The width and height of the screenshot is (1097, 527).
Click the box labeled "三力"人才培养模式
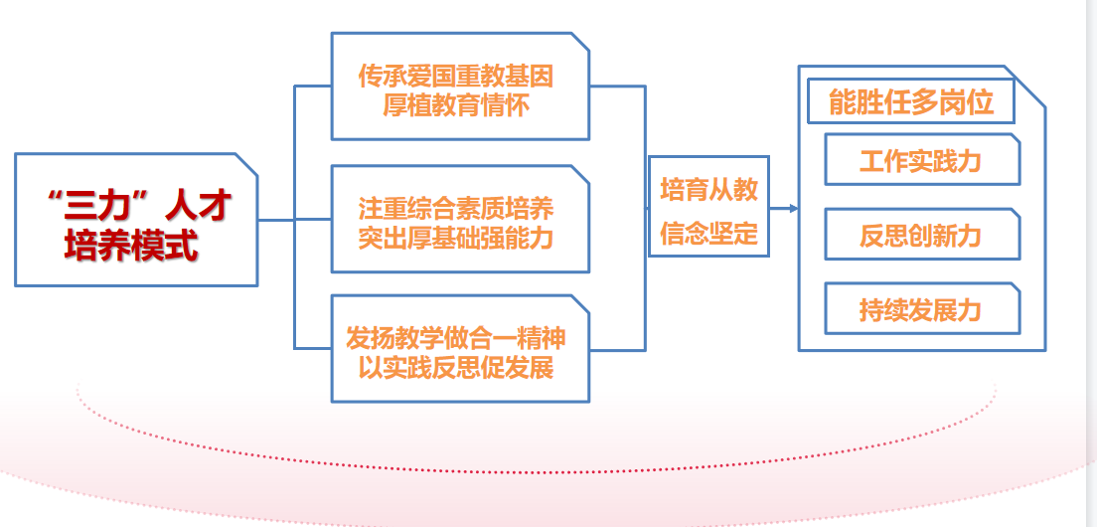tap(136, 220)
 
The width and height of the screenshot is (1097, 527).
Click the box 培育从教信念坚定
tap(708, 207)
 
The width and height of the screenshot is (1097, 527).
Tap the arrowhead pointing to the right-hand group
tap(792, 209)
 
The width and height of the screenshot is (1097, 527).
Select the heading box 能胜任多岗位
tap(910, 101)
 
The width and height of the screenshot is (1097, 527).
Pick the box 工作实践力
tap(921, 160)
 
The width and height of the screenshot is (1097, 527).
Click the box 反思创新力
tap(921, 235)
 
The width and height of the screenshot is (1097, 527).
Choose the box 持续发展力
tap(921, 309)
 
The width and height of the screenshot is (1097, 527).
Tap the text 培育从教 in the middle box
tap(708, 189)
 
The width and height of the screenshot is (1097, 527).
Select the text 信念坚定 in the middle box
tap(708, 234)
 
